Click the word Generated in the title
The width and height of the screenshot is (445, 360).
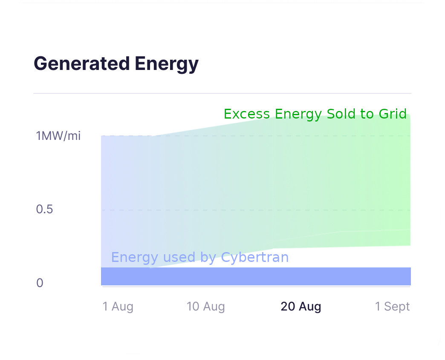tap(81, 64)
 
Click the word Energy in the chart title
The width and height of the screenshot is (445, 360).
tap(167, 64)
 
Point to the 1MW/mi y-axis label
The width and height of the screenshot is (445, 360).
tap(58, 136)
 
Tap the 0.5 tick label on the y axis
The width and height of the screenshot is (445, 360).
tap(45, 209)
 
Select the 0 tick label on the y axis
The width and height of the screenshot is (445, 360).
tap(40, 283)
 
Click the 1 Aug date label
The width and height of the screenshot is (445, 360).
tap(118, 306)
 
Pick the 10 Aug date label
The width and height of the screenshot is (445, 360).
tap(206, 306)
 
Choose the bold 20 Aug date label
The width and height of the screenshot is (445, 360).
tap(301, 306)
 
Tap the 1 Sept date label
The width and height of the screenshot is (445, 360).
tap(392, 306)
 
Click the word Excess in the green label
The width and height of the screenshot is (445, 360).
tap(247, 114)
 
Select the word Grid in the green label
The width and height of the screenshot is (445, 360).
tap(392, 114)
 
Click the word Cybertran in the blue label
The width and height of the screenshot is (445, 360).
tap(255, 257)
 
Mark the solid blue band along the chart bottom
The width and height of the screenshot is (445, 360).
tap(256, 276)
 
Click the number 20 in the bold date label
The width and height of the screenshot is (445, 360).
tap(288, 306)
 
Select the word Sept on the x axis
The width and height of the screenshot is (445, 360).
tap(397, 306)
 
